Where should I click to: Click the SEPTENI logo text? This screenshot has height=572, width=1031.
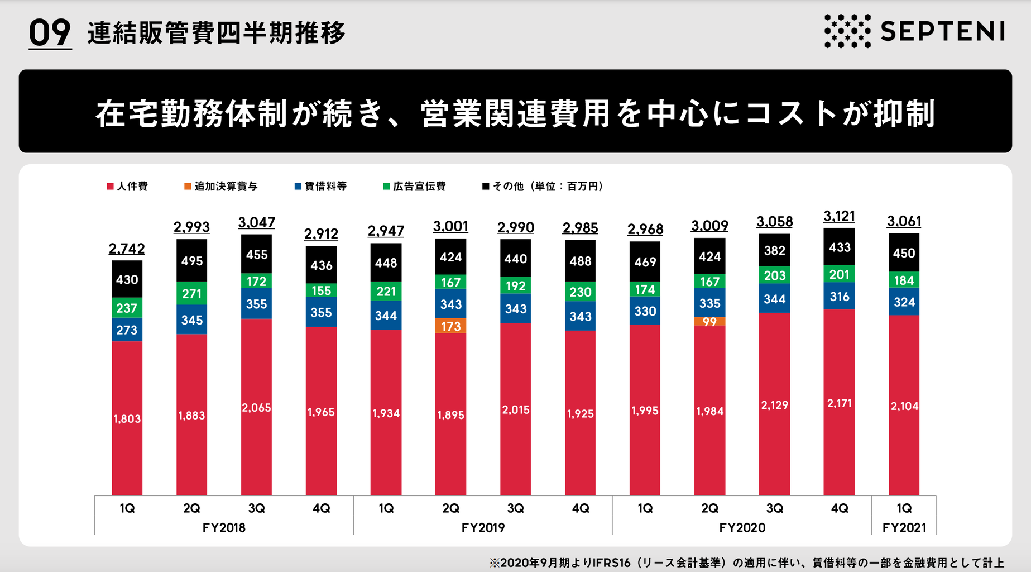pyautogui.click(x=942, y=31)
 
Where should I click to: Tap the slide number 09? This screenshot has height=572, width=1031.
pyautogui.click(x=50, y=33)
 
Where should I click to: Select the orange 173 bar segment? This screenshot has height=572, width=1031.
pyautogui.click(x=450, y=326)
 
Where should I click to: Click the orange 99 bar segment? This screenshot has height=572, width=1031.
pyautogui.click(x=709, y=322)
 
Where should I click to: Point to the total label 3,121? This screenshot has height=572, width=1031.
pyautogui.click(x=839, y=216)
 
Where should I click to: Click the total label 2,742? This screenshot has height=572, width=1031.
pyautogui.click(x=127, y=249)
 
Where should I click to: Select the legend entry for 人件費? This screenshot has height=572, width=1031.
pyautogui.click(x=127, y=187)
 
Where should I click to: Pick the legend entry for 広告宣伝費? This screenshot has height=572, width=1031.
pyautogui.click(x=414, y=187)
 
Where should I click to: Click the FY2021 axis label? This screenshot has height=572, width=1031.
pyautogui.click(x=904, y=528)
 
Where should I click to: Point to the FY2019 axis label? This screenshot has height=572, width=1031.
pyautogui.click(x=483, y=528)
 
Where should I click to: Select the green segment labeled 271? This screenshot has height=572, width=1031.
pyautogui.click(x=191, y=294)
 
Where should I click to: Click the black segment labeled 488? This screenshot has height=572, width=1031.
pyautogui.click(x=580, y=261)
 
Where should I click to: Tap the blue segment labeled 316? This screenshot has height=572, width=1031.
pyautogui.click(x=839, y=297)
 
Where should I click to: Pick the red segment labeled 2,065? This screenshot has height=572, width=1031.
pyautogui.click(x=256, y=408)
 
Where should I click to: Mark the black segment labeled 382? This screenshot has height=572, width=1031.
pyautogui.click(x=774, y=250)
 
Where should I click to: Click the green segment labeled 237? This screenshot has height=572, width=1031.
pyautogui.click(x=127, y=308)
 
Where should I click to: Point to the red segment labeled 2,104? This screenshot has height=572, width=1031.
pyautogui.click(x=904, y=406)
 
